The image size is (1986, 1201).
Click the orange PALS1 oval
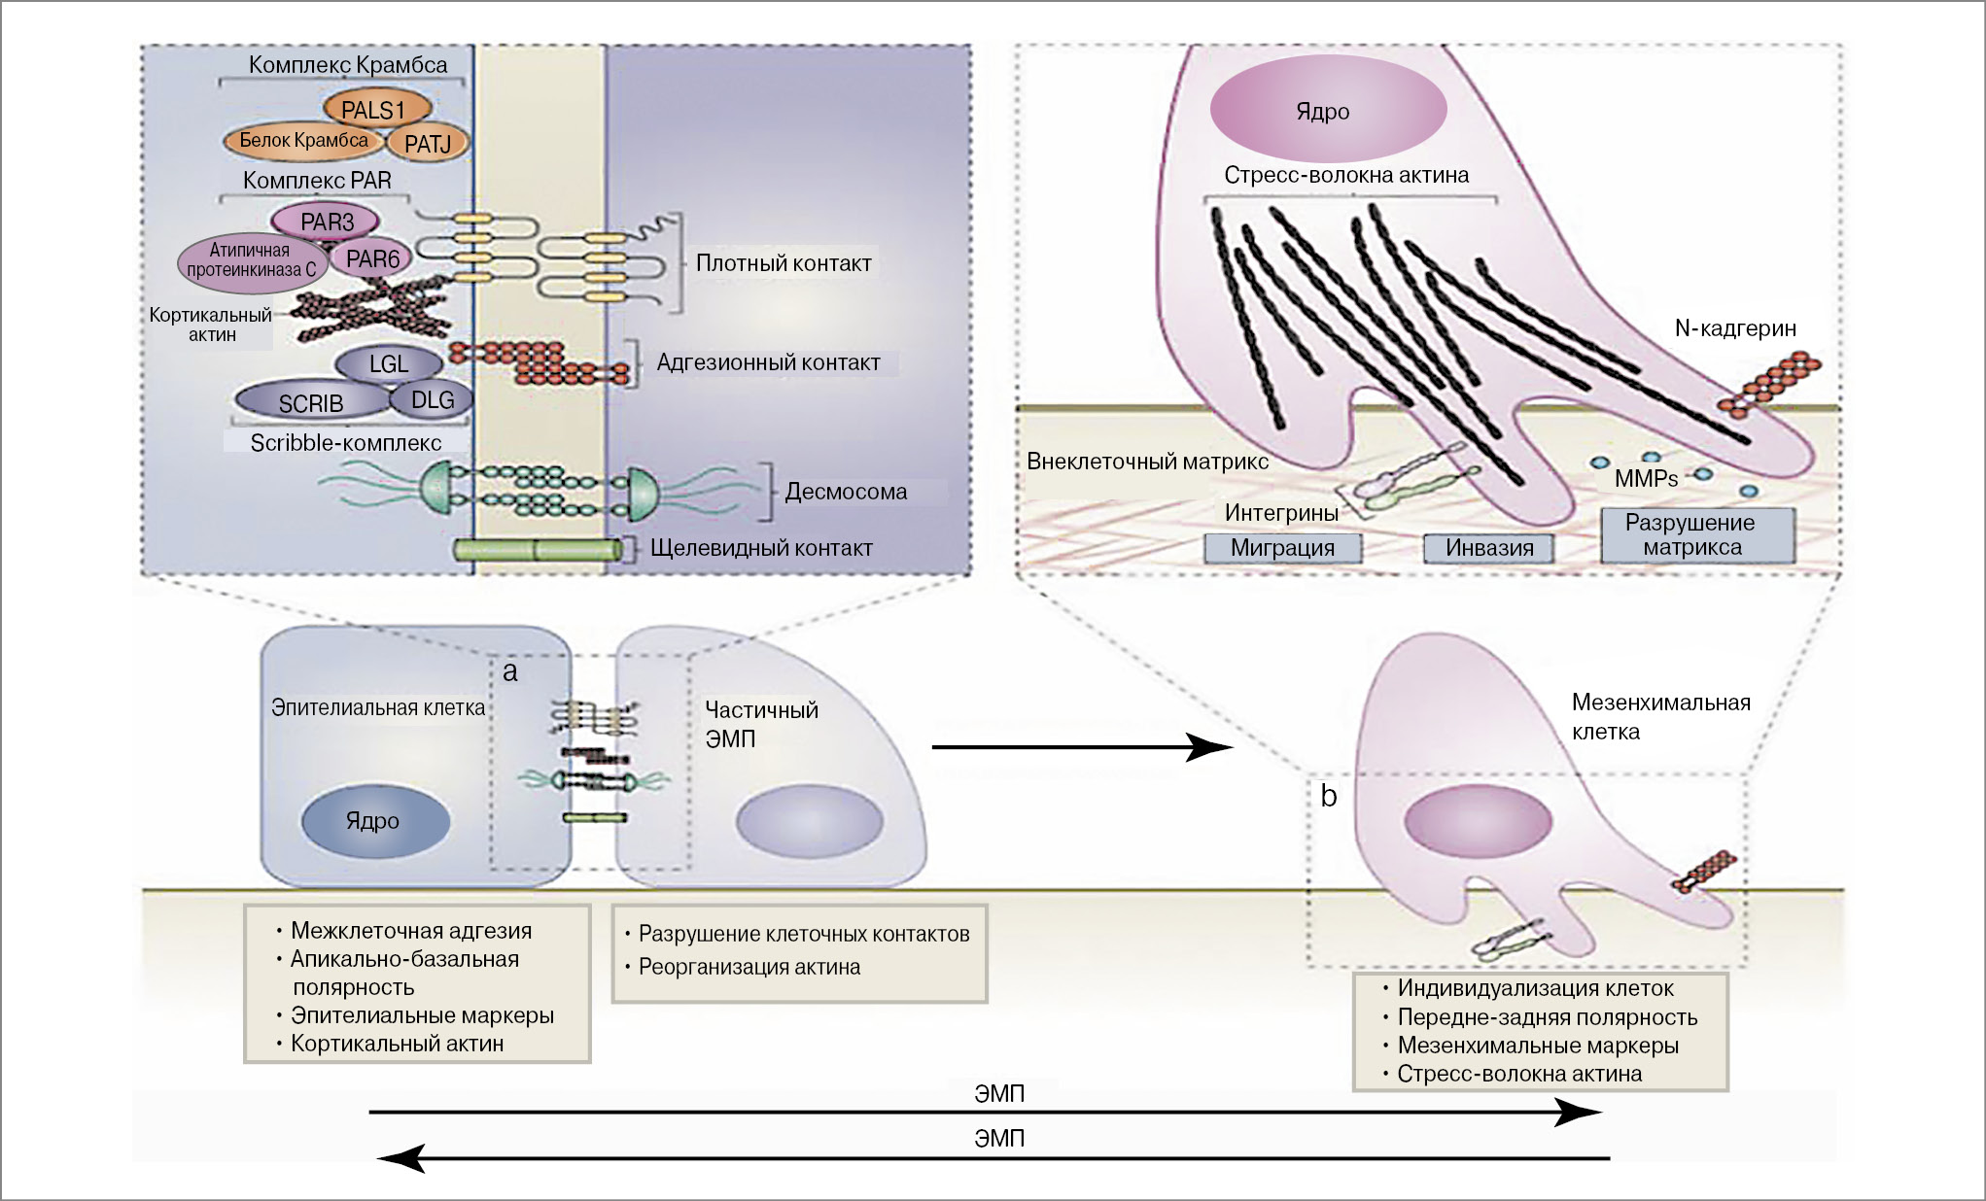[x=373, y=110]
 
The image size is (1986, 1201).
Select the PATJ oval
[x=429, y=144]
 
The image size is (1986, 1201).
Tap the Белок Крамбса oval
[x=303, y=141]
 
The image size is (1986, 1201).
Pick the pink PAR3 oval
[x=327, y=222]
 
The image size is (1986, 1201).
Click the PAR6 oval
[x=372, y=258]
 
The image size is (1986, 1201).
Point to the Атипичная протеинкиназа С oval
[x=250, y=261]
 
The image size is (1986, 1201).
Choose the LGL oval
[x=388, y=364]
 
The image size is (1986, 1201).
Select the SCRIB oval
[x=311, y=402]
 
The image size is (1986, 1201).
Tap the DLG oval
[x=433, y=399]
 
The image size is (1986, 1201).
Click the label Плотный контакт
[x=784, y=263]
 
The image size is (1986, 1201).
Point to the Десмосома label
[x=846, y=492]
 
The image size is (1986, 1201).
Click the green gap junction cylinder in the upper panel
[x=538, y=550]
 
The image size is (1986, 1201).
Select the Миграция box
[x=1282, y=548]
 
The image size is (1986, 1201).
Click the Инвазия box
[x=1489, y=548]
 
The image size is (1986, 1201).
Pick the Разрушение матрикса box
[x=1691, y=535]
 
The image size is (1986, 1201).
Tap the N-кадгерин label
[x=1735, y=328]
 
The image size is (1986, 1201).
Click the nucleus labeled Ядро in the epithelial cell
[x=374, y=821]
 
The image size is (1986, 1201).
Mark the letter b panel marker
[x=1329, y=796]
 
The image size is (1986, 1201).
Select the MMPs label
[x=1646, y=478]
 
